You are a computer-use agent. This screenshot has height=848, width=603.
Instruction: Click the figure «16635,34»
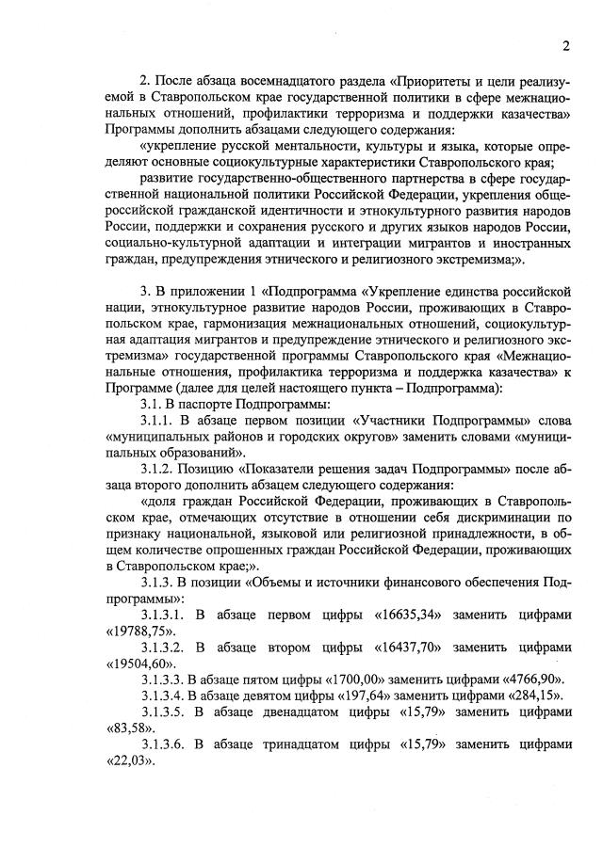417,615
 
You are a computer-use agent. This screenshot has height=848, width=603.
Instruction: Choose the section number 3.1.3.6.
169,744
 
